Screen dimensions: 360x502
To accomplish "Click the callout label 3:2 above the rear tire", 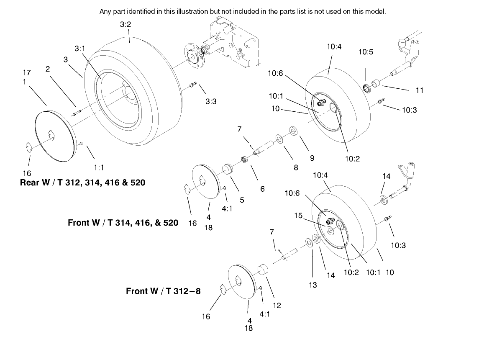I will [x=125, y=24].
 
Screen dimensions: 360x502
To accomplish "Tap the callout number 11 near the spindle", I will [x=420, y=90].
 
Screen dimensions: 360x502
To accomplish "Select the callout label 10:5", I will [x=366, y=52].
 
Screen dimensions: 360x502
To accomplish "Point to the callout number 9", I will [x=312, y=158].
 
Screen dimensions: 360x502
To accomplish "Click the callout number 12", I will [x=277, y=306].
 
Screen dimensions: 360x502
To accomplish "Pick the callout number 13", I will [x=313, y=285].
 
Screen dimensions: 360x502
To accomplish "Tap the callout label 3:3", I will [x=211, y=101].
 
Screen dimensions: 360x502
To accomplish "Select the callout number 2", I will [x=48, y=69].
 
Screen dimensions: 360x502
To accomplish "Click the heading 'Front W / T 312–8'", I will [x=163, y=291].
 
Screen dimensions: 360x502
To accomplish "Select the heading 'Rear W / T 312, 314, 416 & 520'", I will [x=82, y=183].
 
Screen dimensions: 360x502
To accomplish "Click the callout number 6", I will [x=262, y=189].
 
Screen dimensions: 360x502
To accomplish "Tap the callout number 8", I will [x=296, y=168].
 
